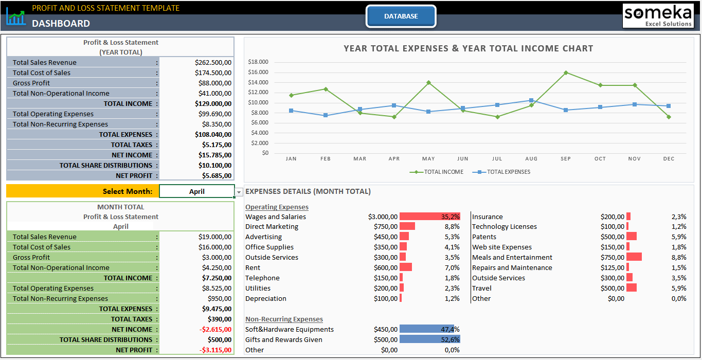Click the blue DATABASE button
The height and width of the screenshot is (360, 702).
tap(401, 16)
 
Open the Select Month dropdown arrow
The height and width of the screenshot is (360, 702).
tap(239, 192)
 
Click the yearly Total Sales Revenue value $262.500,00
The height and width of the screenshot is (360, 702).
tap(213, 62)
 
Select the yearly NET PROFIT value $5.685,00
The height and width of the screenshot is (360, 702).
tap(216, 175)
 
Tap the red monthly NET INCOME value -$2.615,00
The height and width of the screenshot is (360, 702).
tap(215, 329)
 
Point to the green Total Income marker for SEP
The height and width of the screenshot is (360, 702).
tap(566, 73)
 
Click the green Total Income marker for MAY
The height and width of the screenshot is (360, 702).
tap(428, 82)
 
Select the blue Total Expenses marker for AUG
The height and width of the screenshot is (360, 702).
tap(531, 100)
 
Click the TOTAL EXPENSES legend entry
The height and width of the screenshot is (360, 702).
tap(508, 172)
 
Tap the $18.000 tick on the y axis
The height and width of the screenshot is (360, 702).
tap(258, 62)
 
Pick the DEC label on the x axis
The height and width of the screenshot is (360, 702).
tap(669, 159)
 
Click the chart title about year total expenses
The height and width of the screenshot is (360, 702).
tap(468, 48)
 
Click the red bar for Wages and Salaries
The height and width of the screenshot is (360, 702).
tap(429, 217)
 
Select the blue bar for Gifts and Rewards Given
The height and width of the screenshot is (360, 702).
tap(429, 339)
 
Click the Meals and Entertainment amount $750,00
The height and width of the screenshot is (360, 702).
tap(612, 257)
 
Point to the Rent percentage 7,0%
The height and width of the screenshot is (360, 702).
tap(452, 267)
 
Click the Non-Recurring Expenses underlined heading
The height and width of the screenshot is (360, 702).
tap(284, 319)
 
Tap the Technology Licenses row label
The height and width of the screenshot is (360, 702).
tap(504, 226)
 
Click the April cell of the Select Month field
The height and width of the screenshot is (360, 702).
tap(196, 191)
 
